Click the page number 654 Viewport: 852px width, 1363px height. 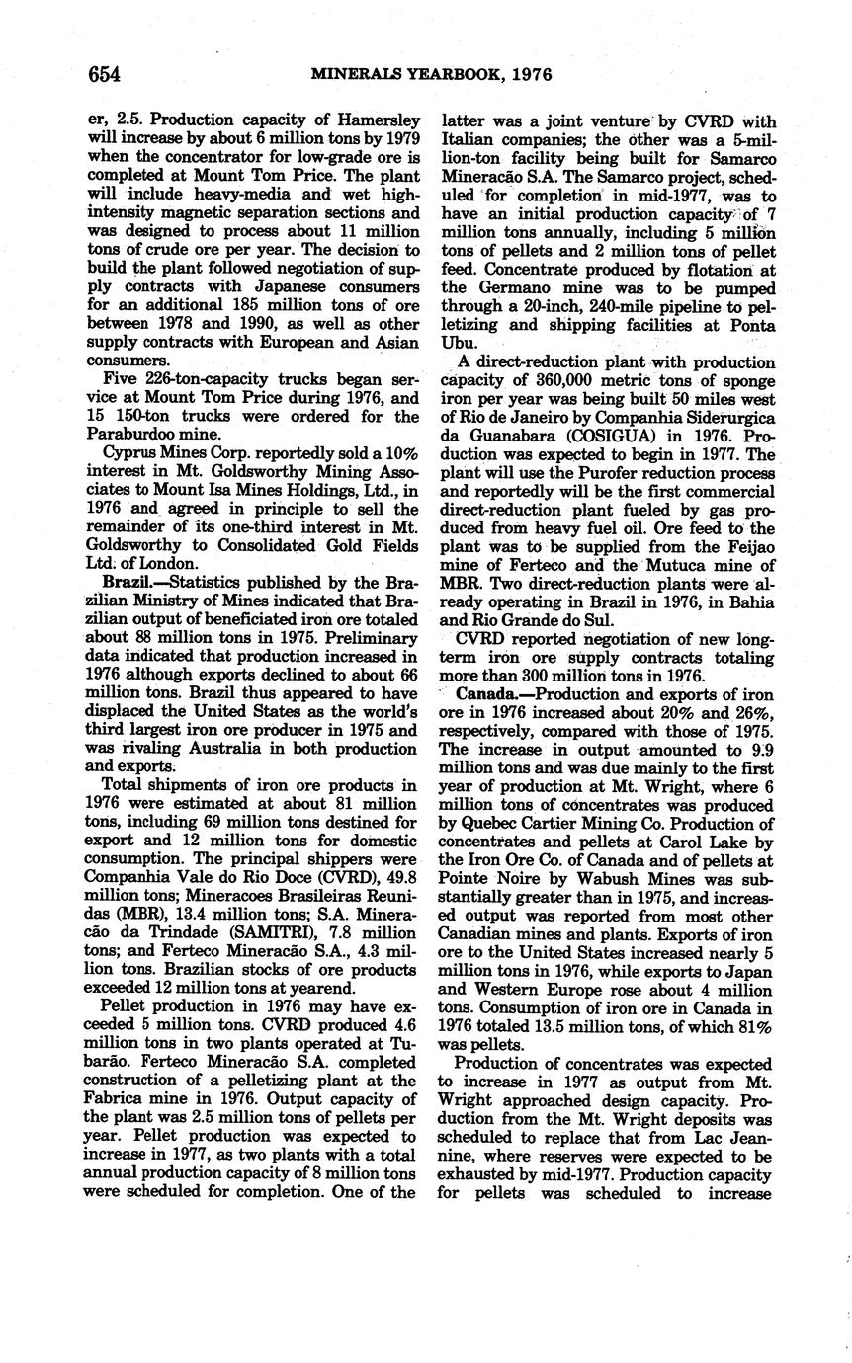(104, 74)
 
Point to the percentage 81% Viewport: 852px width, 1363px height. (755, 1026)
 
